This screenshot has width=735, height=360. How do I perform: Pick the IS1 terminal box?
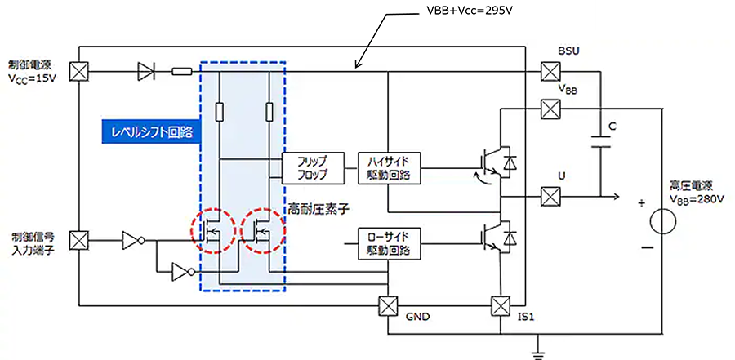coord(499,307)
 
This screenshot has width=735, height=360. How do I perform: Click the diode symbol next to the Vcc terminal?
coord(147,72)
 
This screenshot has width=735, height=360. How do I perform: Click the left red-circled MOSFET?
coord(215,231)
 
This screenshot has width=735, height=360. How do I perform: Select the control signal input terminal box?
coord(78,240)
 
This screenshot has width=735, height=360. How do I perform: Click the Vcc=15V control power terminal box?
coord(78,72)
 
